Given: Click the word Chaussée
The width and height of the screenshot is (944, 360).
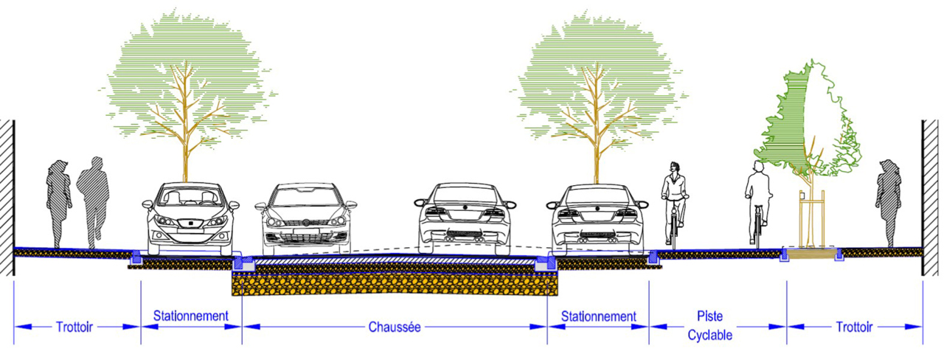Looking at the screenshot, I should click(x=394, y=327).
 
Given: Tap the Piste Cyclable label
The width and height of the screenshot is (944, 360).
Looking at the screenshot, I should click(x=709, y=325).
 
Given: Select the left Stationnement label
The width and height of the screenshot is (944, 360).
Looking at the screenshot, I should click(x=190, y=316).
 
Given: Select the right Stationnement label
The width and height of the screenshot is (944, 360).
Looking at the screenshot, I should click(x=598, y=316).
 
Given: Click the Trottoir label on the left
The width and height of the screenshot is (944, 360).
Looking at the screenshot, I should click(x=74, y=327).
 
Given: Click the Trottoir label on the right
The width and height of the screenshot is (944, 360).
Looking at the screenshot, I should click(x=855, y=327).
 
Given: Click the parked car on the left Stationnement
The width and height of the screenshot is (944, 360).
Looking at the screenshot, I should click(x=190, y=218).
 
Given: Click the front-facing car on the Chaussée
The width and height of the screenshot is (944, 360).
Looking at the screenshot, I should click(x=305, y=218).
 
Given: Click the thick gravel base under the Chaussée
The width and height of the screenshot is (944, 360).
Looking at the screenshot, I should click(x=395, y=284).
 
